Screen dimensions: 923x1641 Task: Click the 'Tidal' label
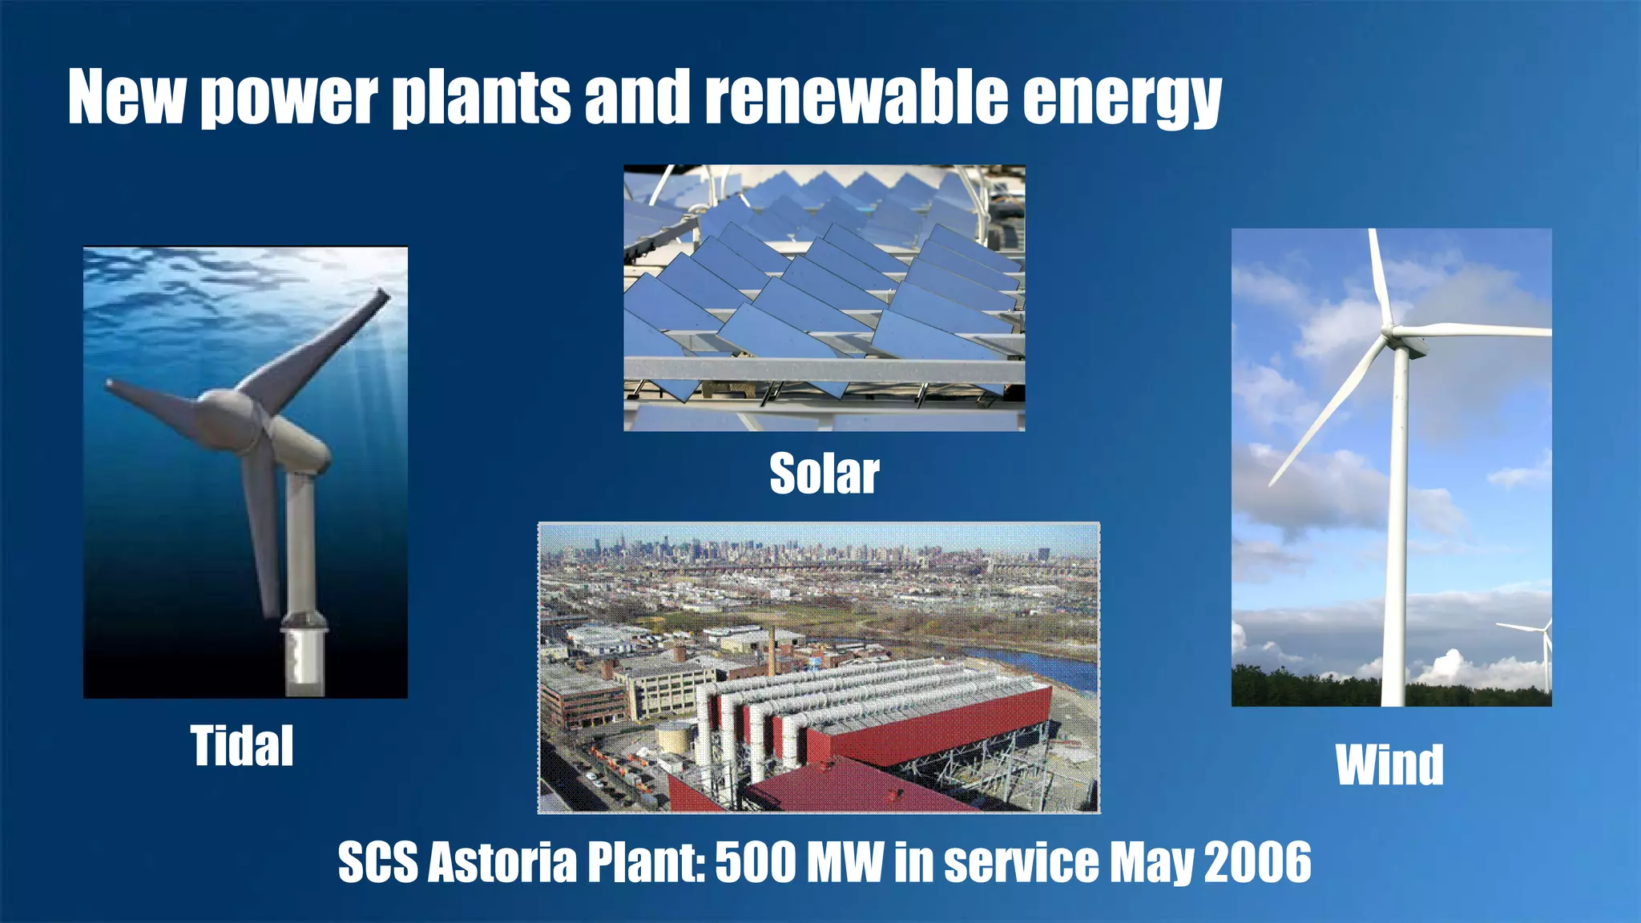pos(242,746)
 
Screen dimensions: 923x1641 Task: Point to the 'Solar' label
pos(824,474)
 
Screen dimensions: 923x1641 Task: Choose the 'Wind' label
pos(1389,765)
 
